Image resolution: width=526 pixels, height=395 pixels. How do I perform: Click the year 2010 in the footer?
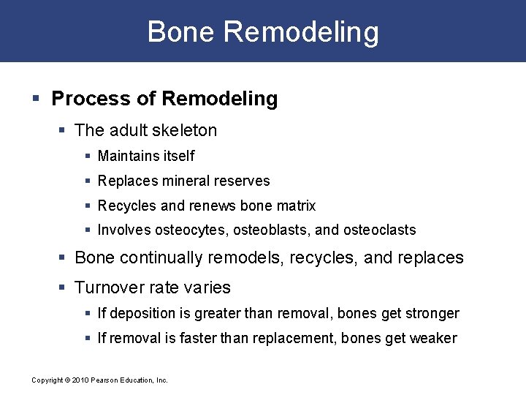[80, 380]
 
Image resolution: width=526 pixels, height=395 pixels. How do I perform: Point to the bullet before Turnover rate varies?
[64, 287]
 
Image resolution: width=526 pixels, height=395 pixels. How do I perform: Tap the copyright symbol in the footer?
[66, 380]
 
